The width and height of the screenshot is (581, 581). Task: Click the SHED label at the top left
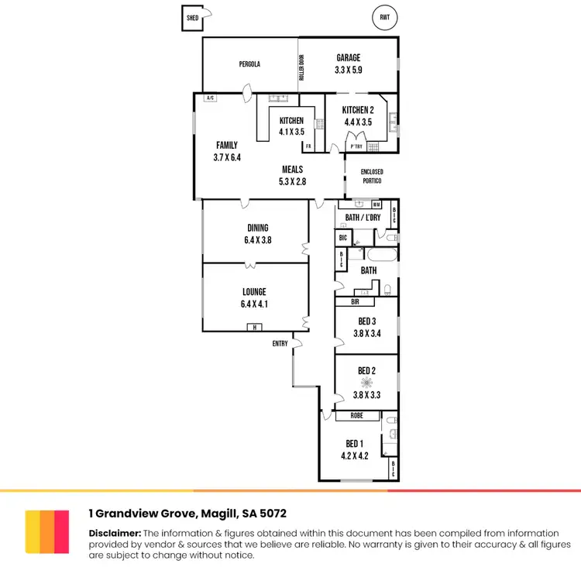coord(192,18)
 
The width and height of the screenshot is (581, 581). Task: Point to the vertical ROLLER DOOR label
coord(302,68)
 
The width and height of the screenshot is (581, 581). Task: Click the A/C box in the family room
coord(210,98)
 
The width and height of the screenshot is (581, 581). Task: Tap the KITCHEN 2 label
coord(358,110)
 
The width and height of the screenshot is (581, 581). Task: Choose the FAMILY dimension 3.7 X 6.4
coord(227,157)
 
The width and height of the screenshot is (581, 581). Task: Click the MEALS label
coord(292,170)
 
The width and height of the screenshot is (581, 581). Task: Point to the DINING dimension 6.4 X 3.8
coord(258,240)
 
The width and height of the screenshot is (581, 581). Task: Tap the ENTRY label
coord(280,343)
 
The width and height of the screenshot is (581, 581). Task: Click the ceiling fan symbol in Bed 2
coord(366,382)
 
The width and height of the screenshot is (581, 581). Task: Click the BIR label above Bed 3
coord(355,301)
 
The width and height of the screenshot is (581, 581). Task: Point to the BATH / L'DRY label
coord(363,218)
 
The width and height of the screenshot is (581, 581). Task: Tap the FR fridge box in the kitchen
coord(308,146)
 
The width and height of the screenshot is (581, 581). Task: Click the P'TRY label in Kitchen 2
coord(357,146)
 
